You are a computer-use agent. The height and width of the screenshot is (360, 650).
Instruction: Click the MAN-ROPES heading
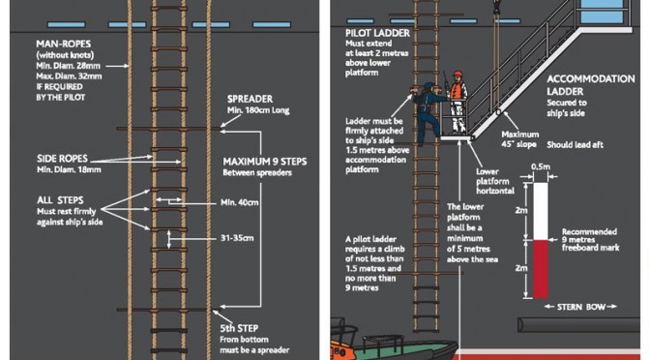[x=64, y=44]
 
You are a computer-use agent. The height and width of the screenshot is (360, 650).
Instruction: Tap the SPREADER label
[x=250, y=99]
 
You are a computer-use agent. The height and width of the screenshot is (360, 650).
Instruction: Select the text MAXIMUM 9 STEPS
[x=265, y=162]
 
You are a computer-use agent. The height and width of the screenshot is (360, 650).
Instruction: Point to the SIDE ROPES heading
[x=62, y=159]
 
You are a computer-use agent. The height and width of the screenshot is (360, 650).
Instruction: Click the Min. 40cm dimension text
[x=240, y=202]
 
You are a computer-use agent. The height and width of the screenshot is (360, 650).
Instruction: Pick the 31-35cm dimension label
[x=237, y=238]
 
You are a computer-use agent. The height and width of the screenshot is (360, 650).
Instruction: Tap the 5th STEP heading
[x=239, y=328]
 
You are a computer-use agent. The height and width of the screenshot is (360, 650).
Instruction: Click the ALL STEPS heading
[x=60, y=200]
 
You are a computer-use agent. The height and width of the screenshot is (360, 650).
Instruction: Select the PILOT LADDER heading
[x=377, y=33]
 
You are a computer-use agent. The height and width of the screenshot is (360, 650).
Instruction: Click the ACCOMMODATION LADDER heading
[x=591, y=85]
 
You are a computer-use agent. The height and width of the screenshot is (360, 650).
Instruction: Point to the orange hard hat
[x=458, y=75]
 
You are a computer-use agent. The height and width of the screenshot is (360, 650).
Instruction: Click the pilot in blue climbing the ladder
[x=428, y=113]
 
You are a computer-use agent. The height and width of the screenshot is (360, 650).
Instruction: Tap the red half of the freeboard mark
[x=541, y=269]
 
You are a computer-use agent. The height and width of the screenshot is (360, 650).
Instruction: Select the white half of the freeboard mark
[x=541, y=211]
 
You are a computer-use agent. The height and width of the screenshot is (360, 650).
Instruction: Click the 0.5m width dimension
[x=541, y=166]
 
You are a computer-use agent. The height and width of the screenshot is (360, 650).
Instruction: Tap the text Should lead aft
[x=575, y=145]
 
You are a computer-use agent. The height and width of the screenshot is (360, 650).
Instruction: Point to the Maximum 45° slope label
[x=519, y=139]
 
